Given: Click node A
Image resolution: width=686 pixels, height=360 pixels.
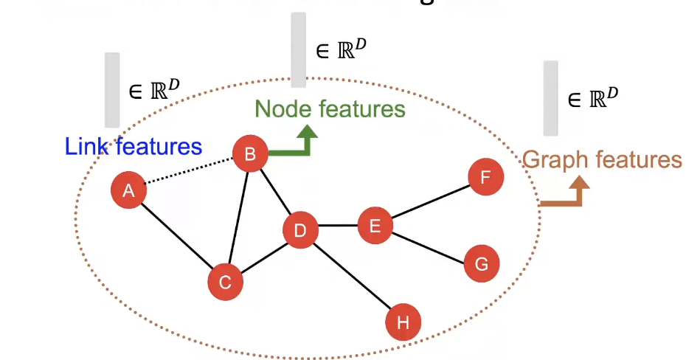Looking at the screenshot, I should pos(128,191).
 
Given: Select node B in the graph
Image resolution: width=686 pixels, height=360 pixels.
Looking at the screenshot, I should pos(250,153).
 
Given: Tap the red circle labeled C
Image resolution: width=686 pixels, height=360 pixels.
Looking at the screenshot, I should pos(226,282).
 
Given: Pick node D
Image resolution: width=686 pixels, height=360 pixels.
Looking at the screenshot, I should pos(300,230).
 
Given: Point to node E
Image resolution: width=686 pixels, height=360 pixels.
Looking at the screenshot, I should pos(375,225).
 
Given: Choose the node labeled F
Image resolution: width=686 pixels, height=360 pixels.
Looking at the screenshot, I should pos(485,177).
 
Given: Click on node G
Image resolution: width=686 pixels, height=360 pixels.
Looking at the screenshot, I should pos(482,264).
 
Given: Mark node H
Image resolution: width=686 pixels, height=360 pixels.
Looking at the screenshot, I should pos(403,322).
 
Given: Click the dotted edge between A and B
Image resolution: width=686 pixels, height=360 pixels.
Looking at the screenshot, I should pos(189,172).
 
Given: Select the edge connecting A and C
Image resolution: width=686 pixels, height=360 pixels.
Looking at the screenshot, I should pos(177,237).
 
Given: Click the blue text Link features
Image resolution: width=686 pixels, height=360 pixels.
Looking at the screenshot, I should pos(134,146).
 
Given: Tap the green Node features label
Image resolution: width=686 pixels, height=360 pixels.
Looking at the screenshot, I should pos(330,109).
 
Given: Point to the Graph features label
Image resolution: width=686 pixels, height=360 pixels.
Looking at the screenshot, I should pos(602,159).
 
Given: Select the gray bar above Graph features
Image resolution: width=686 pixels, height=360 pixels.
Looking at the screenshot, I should pos(551,98).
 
